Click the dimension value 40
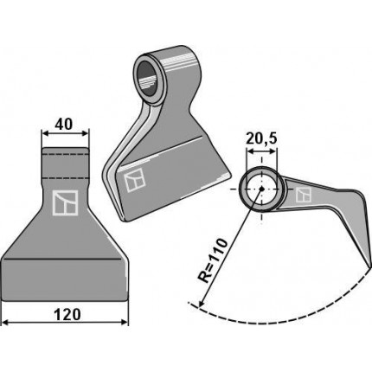click(64, 125)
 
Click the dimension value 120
click(67, 314)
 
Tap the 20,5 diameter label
click(261, 138)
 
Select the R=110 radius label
click(213, 260)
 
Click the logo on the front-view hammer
click(66, 203)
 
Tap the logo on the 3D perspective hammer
click(134, 180)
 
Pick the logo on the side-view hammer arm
click(304, 195)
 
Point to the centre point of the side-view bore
click(261, 189)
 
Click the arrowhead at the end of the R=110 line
click(202, 304)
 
